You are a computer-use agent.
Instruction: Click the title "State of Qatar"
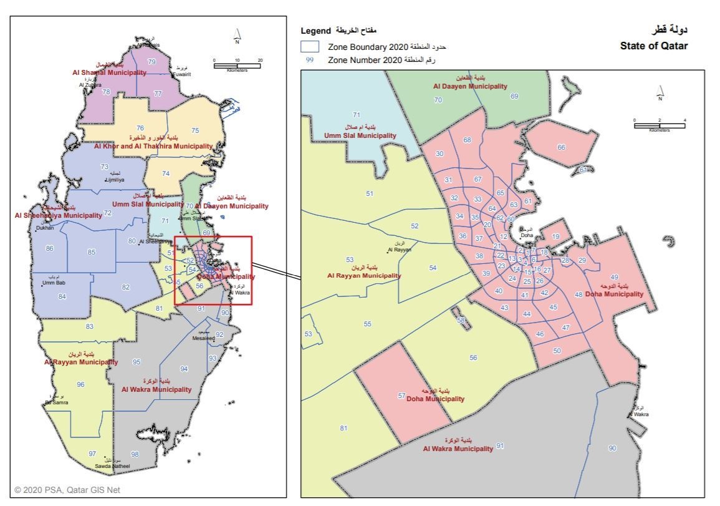tap(654, 46)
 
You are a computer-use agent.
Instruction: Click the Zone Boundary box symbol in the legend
tap(310, 47)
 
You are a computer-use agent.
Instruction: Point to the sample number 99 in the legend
tap(310, 60)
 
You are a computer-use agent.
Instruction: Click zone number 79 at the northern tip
tap(151, 62)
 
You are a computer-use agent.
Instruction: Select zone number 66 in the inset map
tap(561, 147)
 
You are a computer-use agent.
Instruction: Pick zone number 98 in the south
tap(135, 454)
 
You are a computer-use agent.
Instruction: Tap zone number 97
tap(92, 454)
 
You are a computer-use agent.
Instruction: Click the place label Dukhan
tap(46, 228)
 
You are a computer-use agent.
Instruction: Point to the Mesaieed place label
tap(204, 338)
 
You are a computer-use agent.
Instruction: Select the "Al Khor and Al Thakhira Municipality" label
tap(153, 146)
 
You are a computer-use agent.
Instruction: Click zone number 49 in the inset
tap(614, 277)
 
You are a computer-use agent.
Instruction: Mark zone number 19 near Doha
tap(555, 236)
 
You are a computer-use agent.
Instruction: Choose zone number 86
tap(50, 248)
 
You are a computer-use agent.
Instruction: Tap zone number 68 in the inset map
tap(467, 140)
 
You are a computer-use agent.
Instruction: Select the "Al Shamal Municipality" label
tap(109, 72)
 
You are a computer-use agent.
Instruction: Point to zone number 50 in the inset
tap(557, 351)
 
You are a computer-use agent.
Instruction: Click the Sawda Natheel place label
tap(112, 466)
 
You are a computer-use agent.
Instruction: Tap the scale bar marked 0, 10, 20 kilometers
tap(237, 65)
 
